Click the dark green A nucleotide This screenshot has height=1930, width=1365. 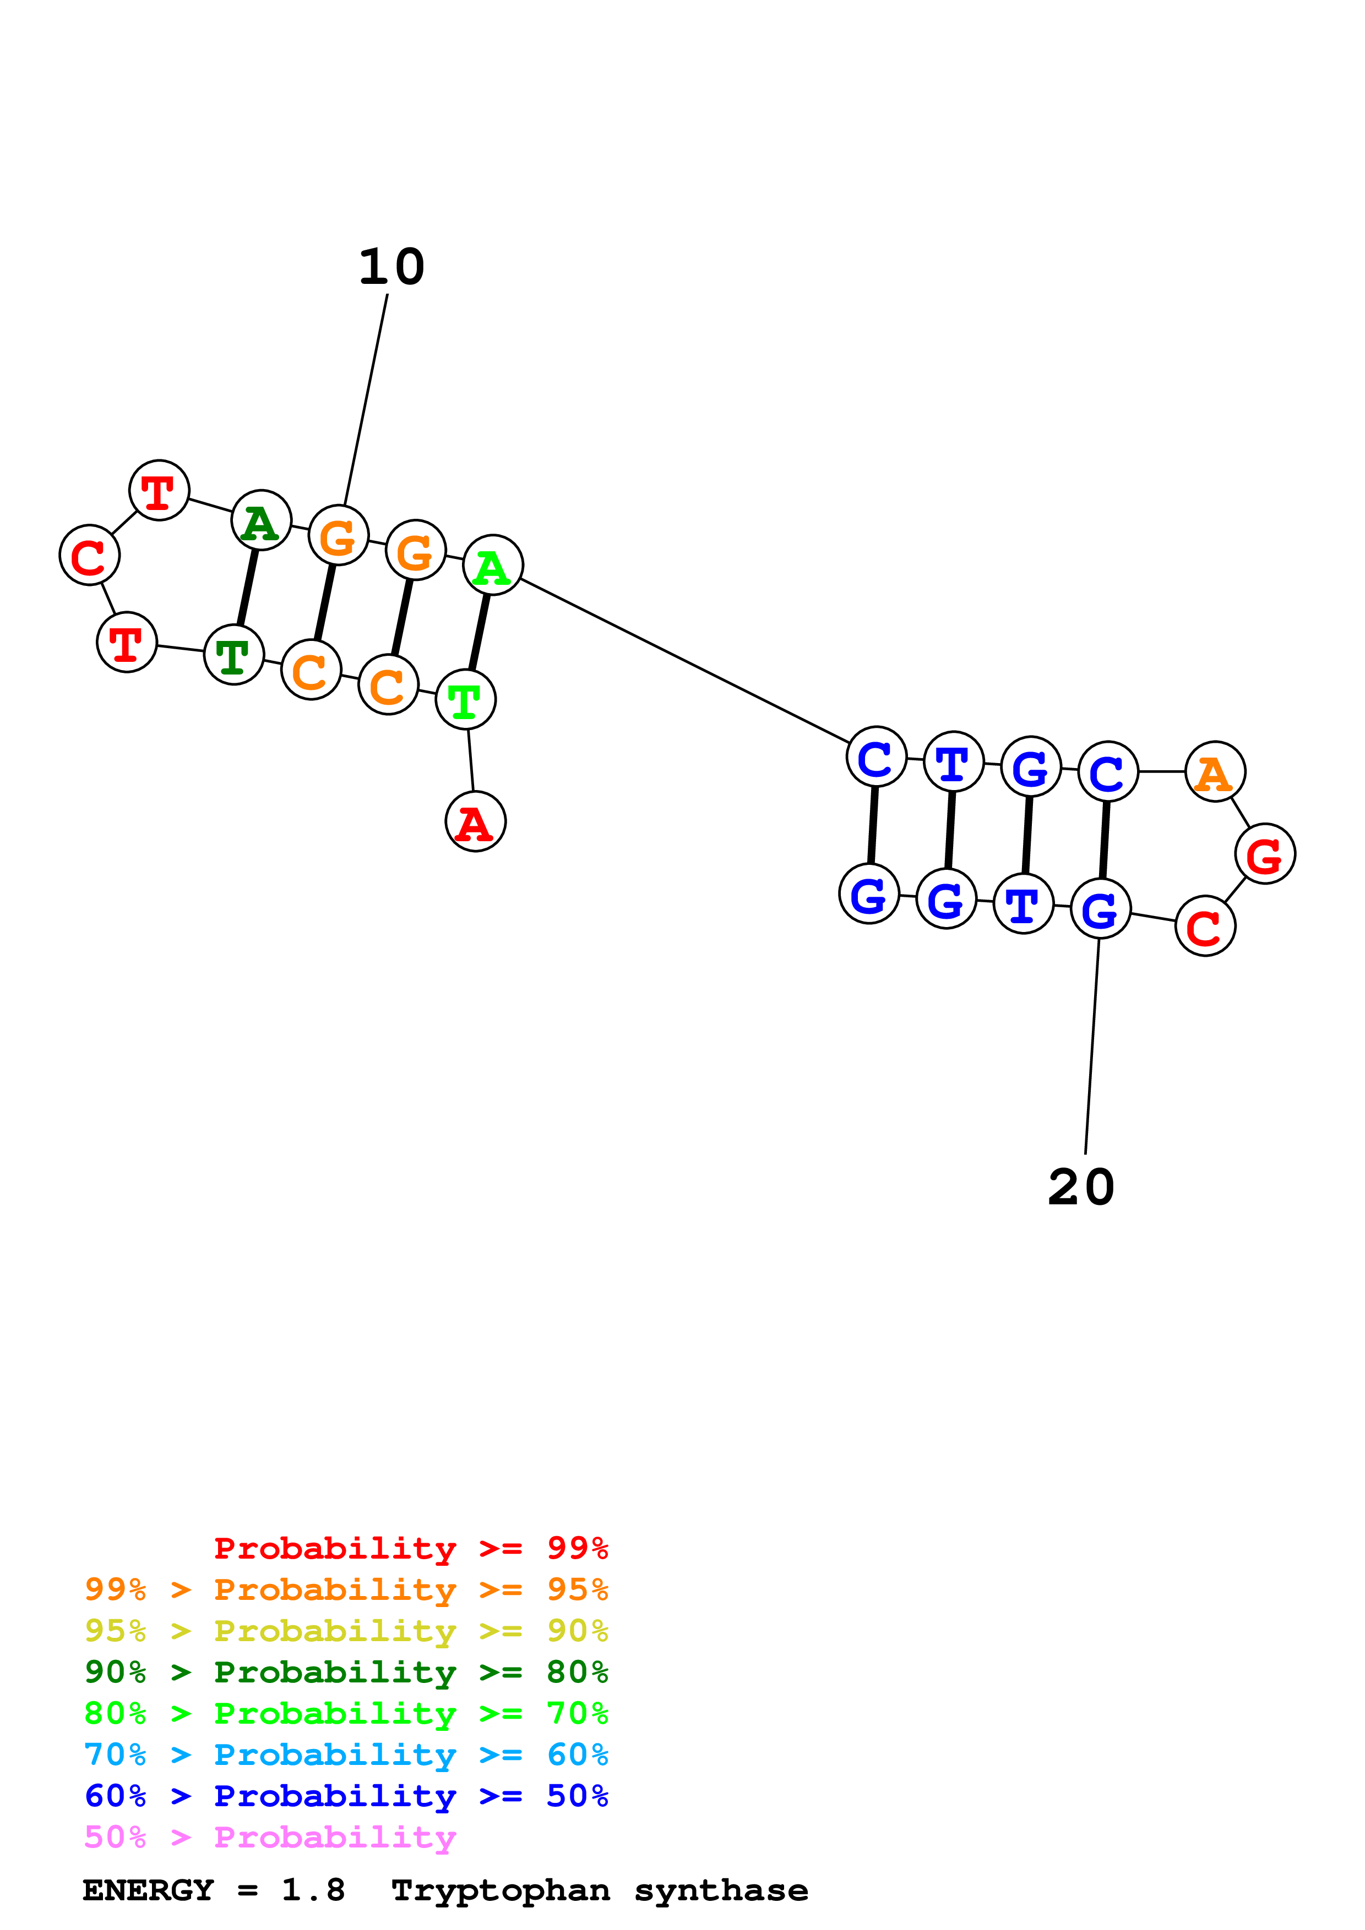coord(260,520)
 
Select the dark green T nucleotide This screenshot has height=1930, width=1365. coord(234,654)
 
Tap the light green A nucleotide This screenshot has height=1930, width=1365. coord(493,565)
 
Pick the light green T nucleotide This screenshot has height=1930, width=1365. coord(465,699)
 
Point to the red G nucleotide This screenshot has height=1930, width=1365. coord(1264,853)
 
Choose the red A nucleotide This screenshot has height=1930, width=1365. coord(475,821)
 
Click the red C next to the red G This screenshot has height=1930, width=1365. coord(1204,925)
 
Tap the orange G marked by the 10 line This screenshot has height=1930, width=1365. coord(338,535)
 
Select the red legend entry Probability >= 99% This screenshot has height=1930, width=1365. coord(410,1548)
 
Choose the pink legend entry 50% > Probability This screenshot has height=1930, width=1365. coord(269,1836)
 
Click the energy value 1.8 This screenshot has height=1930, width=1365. coord(313,1890)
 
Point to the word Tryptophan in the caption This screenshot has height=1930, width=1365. coord(501,1890)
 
